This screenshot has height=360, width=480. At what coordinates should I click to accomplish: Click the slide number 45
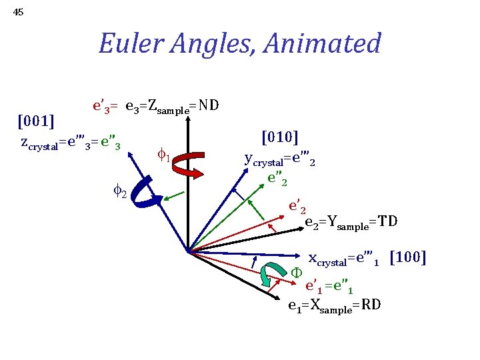(x=18, y=11)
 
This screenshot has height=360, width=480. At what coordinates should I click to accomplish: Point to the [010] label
(x=279, y=137)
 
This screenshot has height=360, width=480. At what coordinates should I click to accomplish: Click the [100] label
(x=407, y=257)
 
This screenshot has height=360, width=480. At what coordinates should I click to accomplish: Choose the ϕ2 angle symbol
(x=119, y=191)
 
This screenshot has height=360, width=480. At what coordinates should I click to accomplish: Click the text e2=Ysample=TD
(x=351, y=222)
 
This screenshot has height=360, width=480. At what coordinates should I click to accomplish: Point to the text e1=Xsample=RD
(x=334, y=305)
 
